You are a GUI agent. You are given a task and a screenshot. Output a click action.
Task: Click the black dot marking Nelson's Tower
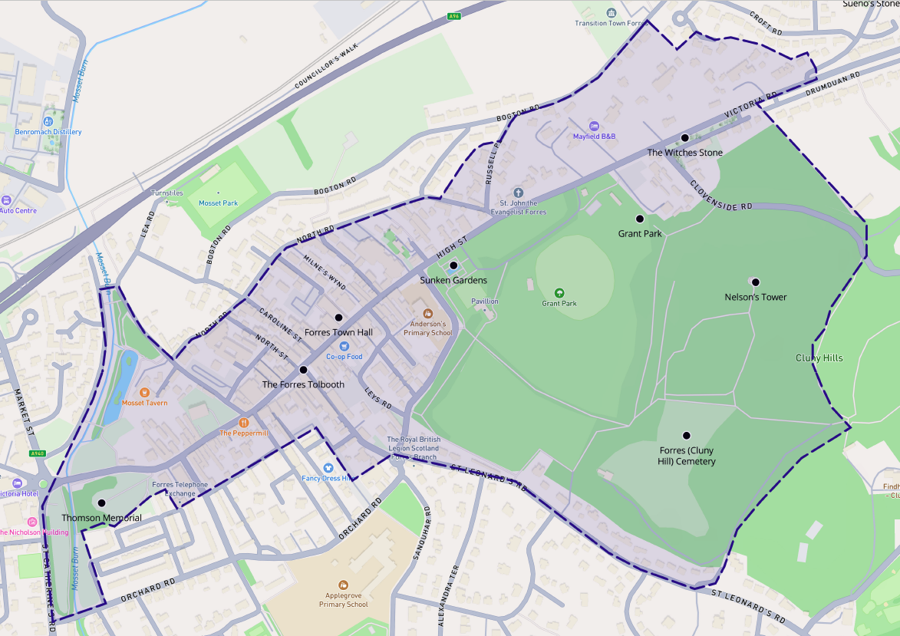(755, 282)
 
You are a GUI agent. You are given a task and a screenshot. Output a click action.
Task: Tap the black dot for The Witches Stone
(684, 138)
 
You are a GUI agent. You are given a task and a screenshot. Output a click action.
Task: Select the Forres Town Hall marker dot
(338, 318)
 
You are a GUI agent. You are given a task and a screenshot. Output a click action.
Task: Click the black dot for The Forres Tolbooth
(303, 370)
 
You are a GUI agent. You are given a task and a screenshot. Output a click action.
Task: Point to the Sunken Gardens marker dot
(453, 265)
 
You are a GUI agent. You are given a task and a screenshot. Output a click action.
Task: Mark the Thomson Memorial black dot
(101, 503)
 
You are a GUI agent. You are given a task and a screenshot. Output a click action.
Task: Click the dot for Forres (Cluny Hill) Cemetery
(687, 435)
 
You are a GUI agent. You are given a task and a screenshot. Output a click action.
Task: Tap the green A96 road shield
(455, 15)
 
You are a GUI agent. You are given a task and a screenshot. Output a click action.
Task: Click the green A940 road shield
(38, 453)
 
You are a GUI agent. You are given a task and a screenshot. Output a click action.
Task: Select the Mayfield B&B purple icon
(593, 125)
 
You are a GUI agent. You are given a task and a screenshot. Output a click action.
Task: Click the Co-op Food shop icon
(345, 346)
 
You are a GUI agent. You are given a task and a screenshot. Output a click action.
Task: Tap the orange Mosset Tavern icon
(144, 392)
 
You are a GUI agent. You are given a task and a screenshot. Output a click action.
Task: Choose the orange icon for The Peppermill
(244, 422)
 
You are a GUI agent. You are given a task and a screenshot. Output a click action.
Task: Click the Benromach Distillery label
(48, 132)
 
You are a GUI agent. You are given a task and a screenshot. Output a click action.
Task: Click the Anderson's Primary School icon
(428, 314)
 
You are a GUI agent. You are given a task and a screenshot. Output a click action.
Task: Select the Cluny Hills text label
(819, 358)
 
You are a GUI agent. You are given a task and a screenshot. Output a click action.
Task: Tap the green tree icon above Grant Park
(559, 292)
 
